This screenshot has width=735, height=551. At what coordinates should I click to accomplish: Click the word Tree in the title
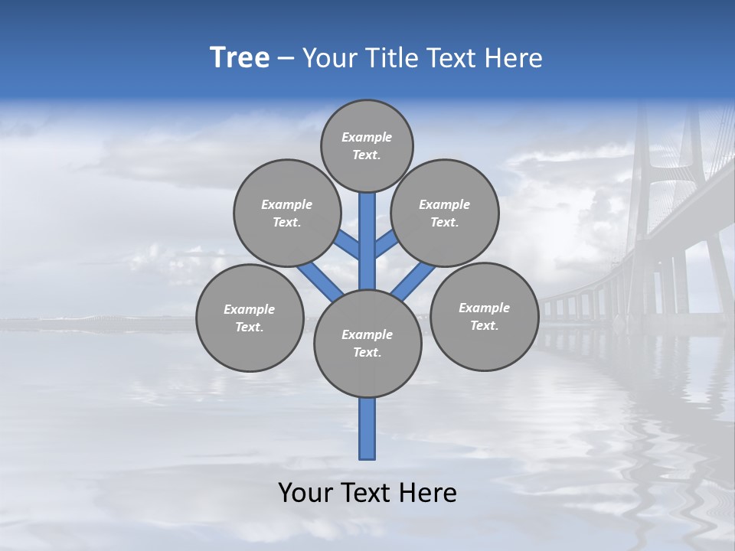click(240, 58)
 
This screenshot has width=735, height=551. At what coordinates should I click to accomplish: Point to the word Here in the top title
click(514, 58)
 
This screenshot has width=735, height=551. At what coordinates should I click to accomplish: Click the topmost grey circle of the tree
click(367, 145)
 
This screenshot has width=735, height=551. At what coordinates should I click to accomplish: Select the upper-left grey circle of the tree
click(287, 213)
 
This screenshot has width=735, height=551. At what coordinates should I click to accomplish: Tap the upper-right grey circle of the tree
click(445, 213)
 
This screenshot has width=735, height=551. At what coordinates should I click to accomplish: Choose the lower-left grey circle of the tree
click(250, 318)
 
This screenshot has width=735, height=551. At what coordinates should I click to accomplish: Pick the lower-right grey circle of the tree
click(484, 316)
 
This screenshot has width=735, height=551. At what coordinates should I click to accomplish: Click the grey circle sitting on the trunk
click(367, 344)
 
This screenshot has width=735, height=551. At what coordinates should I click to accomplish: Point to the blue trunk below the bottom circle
click(367, 429)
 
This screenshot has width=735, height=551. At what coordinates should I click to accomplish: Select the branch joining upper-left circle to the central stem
click(347, 244)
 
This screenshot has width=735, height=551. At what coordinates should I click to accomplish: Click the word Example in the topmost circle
click(367, 137)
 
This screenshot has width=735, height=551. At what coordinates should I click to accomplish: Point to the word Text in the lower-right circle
click(484, 325)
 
